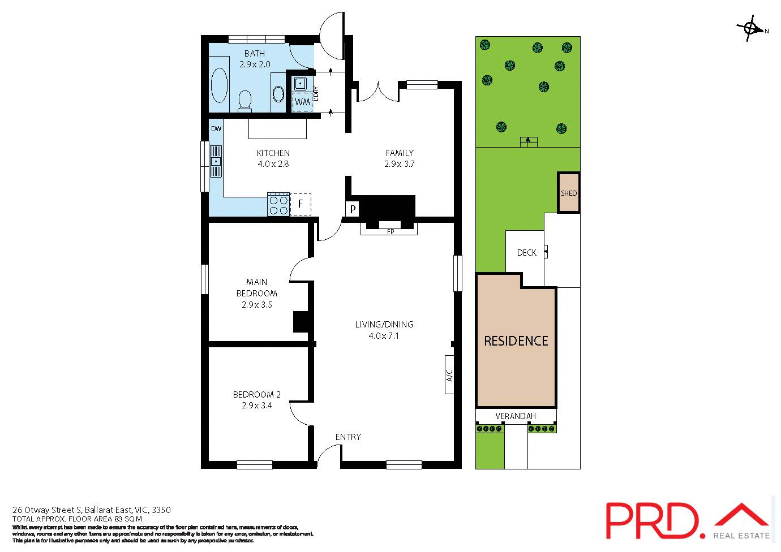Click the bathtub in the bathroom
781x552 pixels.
tap(219, 85)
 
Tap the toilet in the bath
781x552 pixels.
tap(245, 101)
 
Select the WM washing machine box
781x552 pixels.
tap(302, 102)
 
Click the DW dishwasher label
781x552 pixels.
tap(216, 128)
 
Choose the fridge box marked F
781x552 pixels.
tap(301, 204)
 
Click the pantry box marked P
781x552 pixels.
tap(353, 209)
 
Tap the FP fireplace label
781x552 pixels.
tap(390, 232)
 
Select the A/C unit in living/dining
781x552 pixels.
tap(449, 374)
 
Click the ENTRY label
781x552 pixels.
tap(348, 437)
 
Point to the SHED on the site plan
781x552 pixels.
tap(569, 193)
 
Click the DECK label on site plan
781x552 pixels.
tap(526, 253)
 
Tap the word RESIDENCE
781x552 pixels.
tap(516, 341)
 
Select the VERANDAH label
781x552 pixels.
tap(515, 416)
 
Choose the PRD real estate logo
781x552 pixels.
tap(687, 520)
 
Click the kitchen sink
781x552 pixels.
tap(216, 161)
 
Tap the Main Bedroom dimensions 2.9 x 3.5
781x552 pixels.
tap(256, 304)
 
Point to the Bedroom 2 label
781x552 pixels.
tap(256, 394)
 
